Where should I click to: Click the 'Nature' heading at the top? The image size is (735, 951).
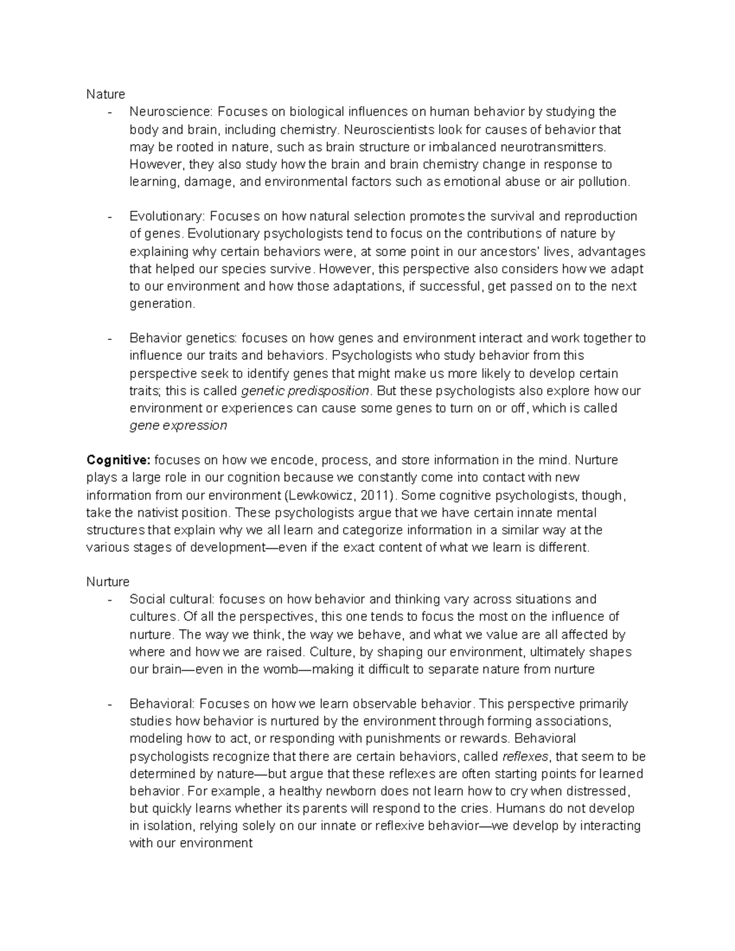105,94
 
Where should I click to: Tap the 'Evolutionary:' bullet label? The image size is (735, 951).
168,216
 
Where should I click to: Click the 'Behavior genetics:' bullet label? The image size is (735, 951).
183,339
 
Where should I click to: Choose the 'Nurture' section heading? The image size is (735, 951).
108,582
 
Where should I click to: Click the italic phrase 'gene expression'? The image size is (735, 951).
178,426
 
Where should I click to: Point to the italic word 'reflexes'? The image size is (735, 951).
527,756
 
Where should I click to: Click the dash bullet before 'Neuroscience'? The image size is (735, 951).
109,112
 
